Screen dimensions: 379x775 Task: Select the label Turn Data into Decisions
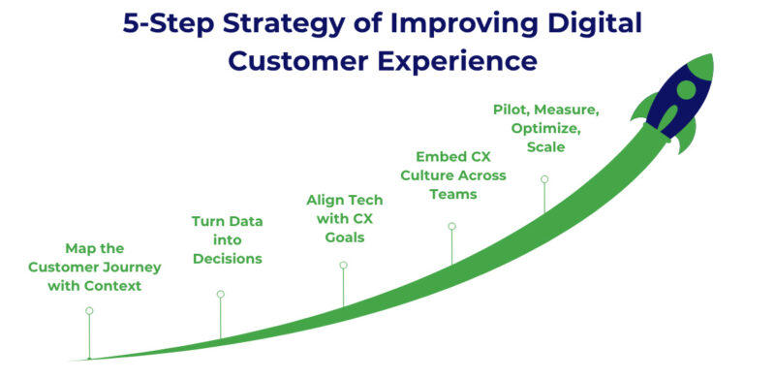point(227,239)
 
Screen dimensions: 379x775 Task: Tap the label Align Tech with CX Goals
point(344,217)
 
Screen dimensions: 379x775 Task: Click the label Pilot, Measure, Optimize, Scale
point(545,128)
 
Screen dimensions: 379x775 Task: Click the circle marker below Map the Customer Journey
point(89,311)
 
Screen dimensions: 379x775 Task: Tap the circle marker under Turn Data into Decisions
point(220,294)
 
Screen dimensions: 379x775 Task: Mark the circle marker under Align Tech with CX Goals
point(343,265)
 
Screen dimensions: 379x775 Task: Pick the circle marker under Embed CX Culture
point(451,227)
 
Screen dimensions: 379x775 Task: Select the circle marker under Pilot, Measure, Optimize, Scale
point(544,178)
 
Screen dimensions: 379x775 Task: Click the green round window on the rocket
point(687,90)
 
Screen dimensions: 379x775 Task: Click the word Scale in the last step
point(545,147)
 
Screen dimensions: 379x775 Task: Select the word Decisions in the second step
point(227,259)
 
